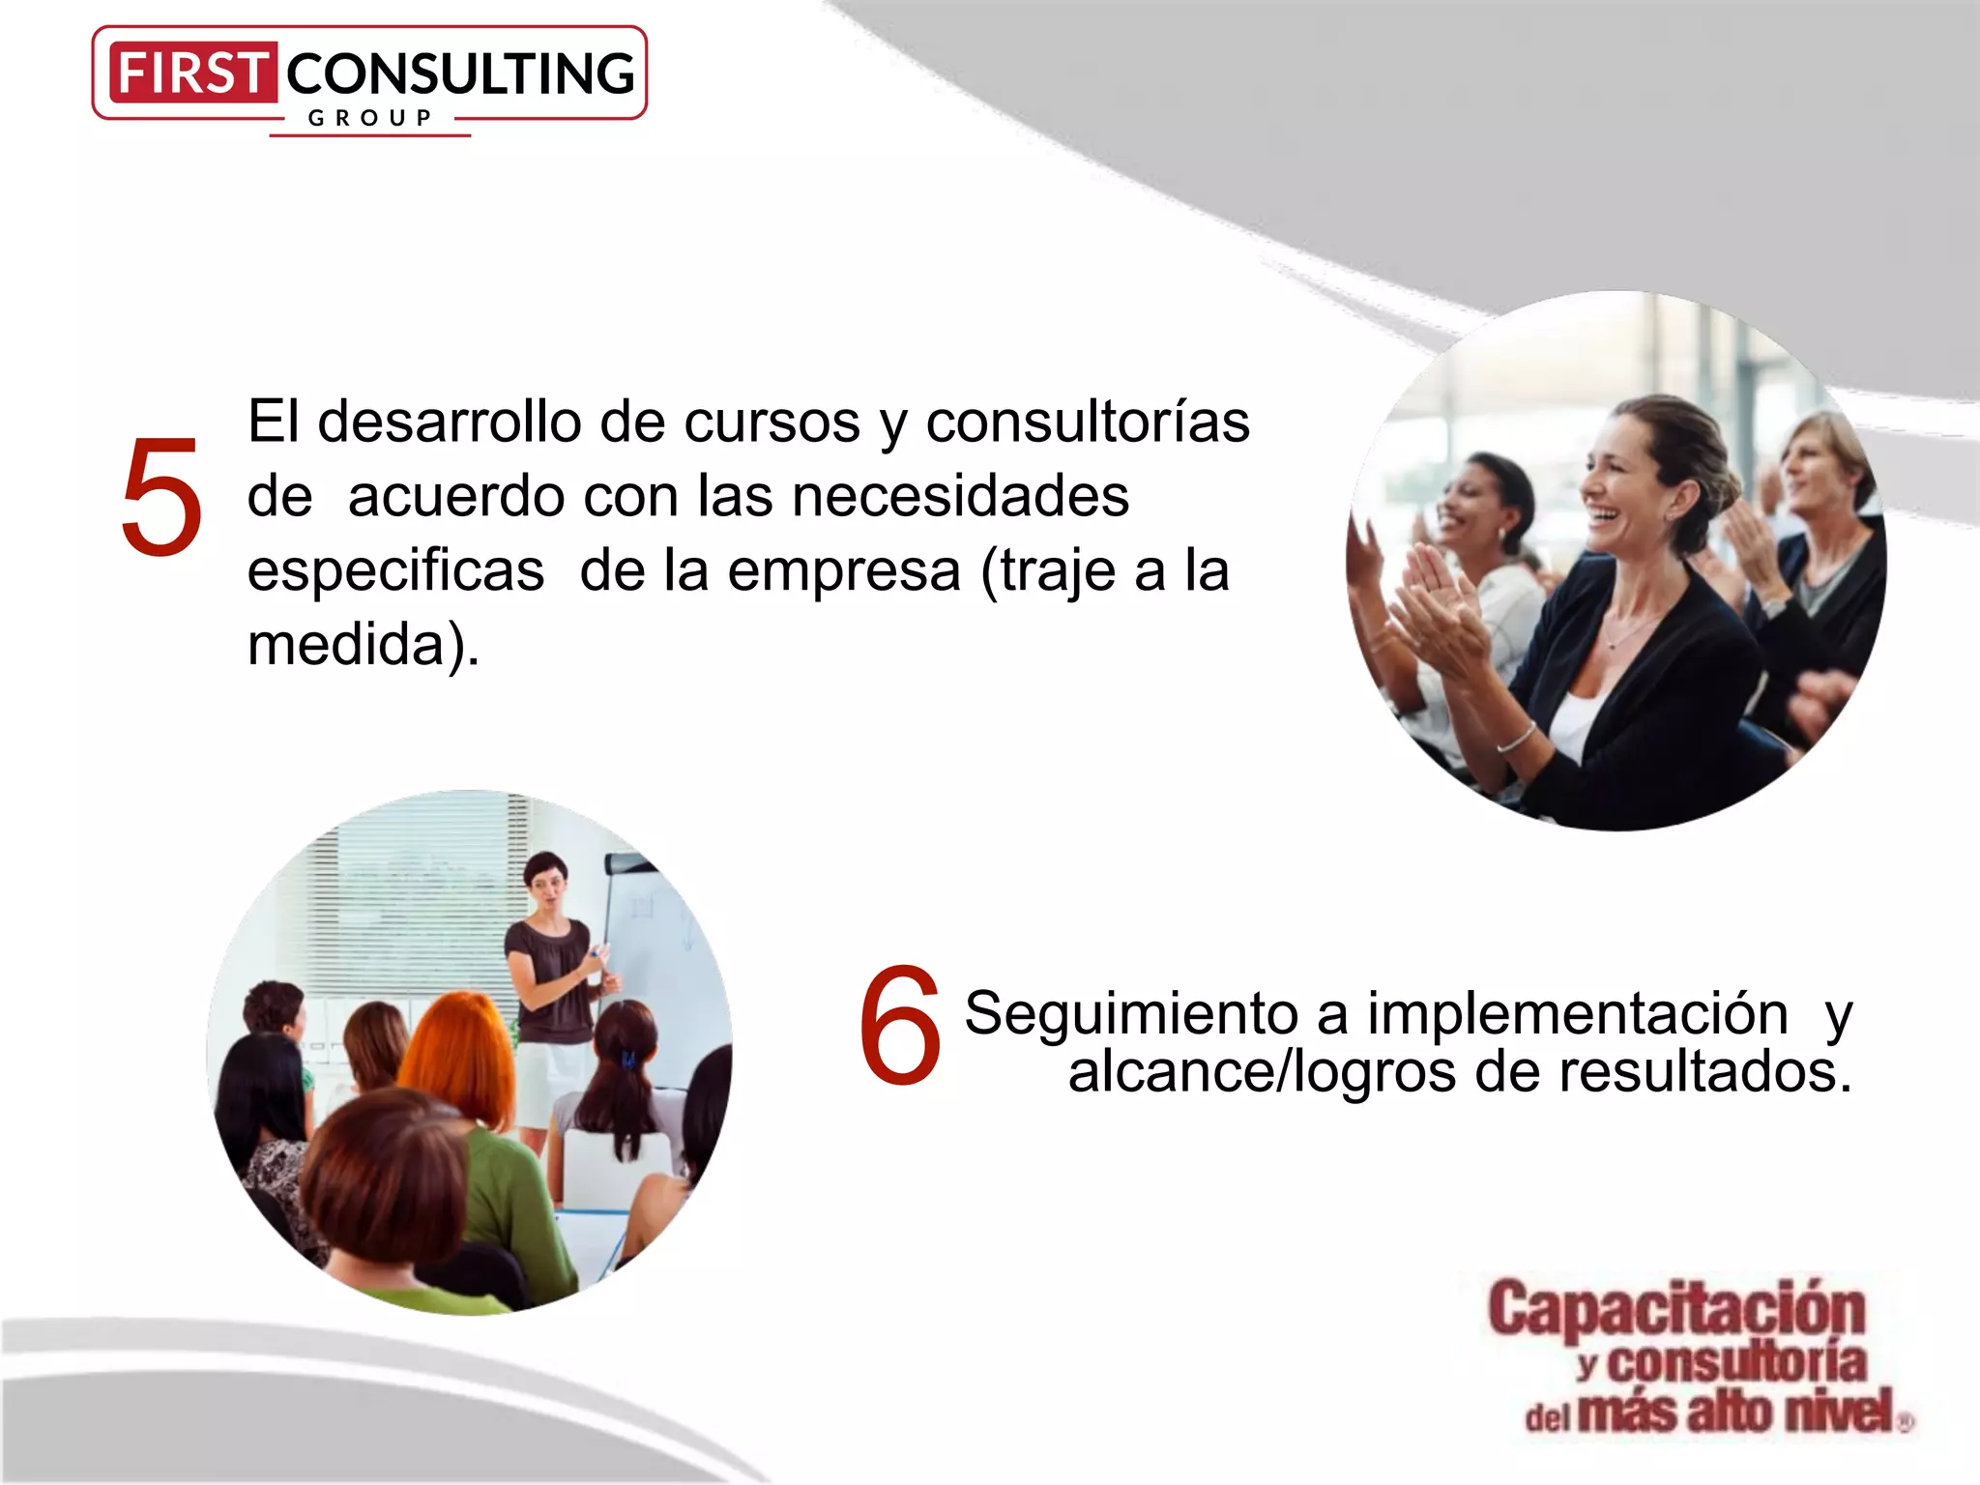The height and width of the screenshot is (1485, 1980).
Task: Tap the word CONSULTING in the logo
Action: pos(460,74)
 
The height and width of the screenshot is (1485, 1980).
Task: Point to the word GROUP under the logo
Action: pos(369,118)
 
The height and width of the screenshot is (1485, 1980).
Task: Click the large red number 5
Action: pos(161,498)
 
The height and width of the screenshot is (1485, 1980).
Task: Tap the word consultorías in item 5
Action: pos(1088,422)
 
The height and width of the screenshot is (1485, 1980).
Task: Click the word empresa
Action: pos(844,570)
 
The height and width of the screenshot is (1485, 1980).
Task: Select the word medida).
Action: pos(364,645)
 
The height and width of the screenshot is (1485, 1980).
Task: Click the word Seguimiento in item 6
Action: pos(1130,1014)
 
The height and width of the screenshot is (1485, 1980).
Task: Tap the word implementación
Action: pos(1578,1014)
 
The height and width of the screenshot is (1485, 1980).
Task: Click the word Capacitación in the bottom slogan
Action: pos(1676,1309)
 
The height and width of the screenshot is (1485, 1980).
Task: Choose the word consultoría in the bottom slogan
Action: pos(1735,1363)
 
